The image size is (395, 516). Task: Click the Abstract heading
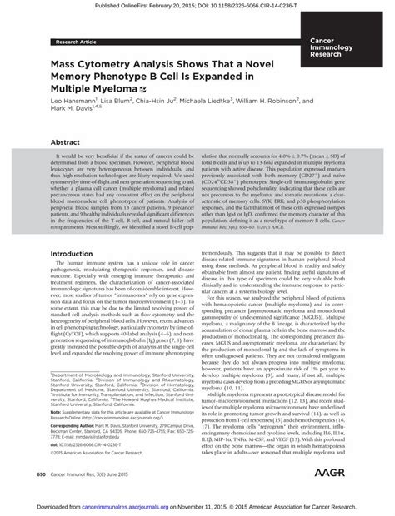pyautogui.click(x=66, y=142)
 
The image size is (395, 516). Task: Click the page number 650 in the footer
pyautogui.click(x=41, y=474)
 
